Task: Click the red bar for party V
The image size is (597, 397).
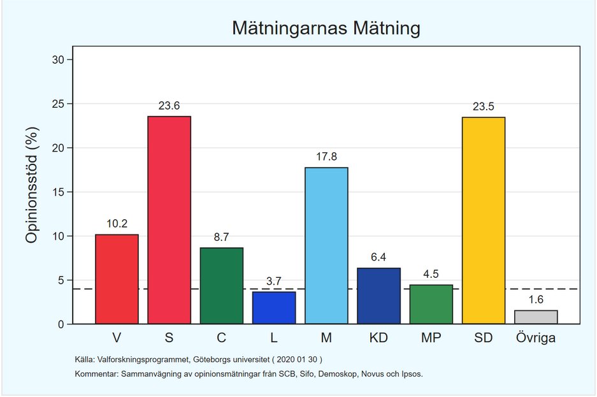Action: point(117,279)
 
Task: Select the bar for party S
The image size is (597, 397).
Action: point(169,220)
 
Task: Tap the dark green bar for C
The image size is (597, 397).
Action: point(222,285)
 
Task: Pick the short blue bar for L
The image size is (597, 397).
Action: point(274,308)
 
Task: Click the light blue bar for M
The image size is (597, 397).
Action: point(326,245)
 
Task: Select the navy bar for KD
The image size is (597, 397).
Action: point(379,296)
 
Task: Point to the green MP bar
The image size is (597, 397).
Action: point(431,304)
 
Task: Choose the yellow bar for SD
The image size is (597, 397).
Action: point(484,220)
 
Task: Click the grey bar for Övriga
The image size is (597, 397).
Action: point(536,317)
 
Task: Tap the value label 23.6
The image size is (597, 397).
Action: point(169,106)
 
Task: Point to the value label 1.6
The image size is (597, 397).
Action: point(536,300)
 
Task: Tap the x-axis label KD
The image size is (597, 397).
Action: point(379,338)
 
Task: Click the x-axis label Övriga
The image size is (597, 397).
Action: point(536,338)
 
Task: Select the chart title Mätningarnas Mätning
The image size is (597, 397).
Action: point(326,29)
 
